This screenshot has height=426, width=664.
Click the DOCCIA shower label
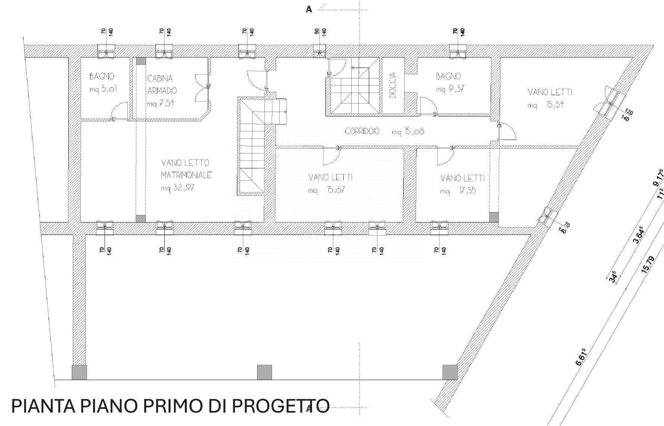tap(392, 85)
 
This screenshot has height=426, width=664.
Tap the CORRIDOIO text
tap(362, 131)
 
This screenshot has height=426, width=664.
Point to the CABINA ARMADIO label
tap(162, 84)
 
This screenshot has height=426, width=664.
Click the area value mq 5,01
tap(104, 90)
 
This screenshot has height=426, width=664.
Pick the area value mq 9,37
tap(450, 89)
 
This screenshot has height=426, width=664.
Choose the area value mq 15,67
tap(326, 190)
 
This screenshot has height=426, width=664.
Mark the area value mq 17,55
tap(458, 191)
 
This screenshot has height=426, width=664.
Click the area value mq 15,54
tap(546, 105)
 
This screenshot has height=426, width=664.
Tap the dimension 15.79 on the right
tap(648, 265)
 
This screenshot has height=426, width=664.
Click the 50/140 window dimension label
tap(320, 32)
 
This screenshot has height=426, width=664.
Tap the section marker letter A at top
tap(309, 9)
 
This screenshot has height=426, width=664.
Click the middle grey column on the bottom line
tap(265, 372)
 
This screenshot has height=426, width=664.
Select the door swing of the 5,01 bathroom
tap(120, 110)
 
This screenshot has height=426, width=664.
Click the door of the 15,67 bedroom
tap(331, 156)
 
